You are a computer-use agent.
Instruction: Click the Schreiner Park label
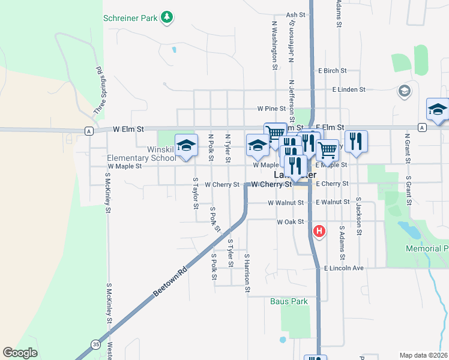click(130, 19)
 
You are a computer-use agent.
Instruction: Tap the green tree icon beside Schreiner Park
click(167, 18)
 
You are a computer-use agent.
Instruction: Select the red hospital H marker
click(320, 230)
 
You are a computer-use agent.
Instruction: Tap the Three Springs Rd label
click(98, 90)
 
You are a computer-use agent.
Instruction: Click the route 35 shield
click(96, 344)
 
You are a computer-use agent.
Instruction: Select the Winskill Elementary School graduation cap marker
click(187, 145)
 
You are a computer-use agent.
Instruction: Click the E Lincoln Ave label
click(344, 268)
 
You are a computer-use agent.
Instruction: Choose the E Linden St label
click(349, 89)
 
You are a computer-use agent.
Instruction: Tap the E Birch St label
click(333, 71)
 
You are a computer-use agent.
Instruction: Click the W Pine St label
click(271, 109)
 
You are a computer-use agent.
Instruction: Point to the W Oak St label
click(288, 222)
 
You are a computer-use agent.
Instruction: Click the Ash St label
click(296, 15)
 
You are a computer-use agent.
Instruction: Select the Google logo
click(20, 353)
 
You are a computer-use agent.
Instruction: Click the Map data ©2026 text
click(423, 355)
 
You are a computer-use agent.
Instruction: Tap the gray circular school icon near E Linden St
click(405, 91)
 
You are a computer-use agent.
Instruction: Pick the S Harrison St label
click(247, 273)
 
